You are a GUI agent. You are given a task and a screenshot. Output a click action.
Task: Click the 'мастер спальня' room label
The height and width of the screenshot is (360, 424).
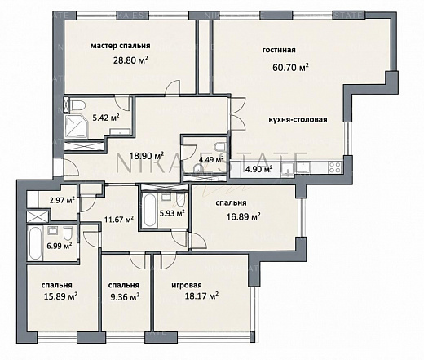120,46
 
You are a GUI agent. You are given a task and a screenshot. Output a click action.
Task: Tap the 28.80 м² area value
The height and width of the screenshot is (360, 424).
130,60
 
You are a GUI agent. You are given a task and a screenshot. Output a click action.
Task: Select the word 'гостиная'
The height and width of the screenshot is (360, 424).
279,50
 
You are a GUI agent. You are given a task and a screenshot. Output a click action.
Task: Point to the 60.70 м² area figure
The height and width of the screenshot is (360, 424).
290,67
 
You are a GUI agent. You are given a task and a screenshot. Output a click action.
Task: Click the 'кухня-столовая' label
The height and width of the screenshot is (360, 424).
298,120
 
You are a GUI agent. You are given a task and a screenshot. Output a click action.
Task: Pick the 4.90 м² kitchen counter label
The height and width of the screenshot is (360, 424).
259,169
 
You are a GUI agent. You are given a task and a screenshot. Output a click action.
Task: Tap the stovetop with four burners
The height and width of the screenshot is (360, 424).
335,167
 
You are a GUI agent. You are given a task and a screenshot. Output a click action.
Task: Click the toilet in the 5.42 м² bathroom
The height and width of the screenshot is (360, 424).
77,105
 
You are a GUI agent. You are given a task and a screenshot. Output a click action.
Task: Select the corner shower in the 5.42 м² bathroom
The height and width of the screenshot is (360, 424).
76,127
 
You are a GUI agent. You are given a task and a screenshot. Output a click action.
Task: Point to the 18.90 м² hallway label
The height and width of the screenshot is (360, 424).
147,156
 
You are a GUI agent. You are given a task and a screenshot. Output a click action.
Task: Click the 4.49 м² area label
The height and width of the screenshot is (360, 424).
211,159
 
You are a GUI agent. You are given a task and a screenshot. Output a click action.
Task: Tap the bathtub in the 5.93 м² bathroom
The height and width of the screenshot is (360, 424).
149,210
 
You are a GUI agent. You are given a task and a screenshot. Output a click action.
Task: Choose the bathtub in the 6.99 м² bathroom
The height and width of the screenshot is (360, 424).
35,243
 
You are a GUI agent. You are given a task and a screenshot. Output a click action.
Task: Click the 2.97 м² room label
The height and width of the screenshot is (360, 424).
62,201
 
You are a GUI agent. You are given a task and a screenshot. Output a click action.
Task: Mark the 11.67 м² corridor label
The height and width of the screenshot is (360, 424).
119,219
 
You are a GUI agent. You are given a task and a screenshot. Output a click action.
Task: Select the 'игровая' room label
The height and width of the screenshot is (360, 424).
187,285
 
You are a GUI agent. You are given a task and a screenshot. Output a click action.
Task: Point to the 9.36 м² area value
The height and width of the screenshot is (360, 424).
125,296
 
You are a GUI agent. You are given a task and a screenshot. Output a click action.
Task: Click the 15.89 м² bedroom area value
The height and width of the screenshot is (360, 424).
60,296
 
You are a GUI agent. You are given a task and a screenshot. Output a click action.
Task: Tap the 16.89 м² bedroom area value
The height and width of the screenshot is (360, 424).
244,216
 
